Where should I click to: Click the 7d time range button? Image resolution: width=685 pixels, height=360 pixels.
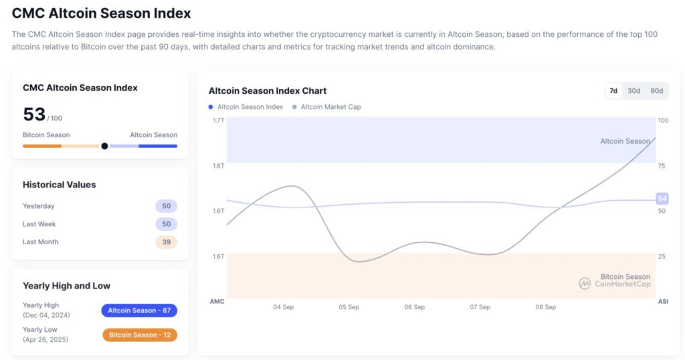[x=613, y=91]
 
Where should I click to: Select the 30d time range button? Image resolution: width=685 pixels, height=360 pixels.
[x=633, y=91]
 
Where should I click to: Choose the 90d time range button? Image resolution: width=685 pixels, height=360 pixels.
[x=656, y=91]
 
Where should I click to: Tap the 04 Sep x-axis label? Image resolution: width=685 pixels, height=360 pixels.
[x=283, y=307]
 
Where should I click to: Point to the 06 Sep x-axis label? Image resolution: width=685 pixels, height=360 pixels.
[x=414, y=307]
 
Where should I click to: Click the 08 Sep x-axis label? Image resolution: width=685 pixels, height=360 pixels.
[x=545, y=307]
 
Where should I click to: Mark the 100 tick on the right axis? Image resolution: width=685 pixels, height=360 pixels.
[x=663, y=120]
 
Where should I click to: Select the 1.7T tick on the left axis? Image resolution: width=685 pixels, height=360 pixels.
[x=219, y=120]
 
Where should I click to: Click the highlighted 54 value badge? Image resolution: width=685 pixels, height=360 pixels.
[x=662, y=199]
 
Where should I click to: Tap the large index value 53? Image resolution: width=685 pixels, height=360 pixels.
[x=34, y=114]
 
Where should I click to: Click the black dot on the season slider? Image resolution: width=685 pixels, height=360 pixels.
[x=104, y=146]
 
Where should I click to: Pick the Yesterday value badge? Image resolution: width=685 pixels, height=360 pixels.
[x=166, y=206]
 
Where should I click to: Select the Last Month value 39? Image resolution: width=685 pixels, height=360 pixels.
[x=166, y=242]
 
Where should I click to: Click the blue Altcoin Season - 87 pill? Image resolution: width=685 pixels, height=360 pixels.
[x=139, y=310]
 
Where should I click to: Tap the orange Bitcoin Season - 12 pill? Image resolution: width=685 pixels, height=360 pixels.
[x=139, y=335]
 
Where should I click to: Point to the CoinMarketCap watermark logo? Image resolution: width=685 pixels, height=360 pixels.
[x=585, y=284]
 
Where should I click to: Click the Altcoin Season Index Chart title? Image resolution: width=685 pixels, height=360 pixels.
[x=268, y=91]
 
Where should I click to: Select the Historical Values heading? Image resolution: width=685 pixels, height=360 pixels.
[x=59, y=185]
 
